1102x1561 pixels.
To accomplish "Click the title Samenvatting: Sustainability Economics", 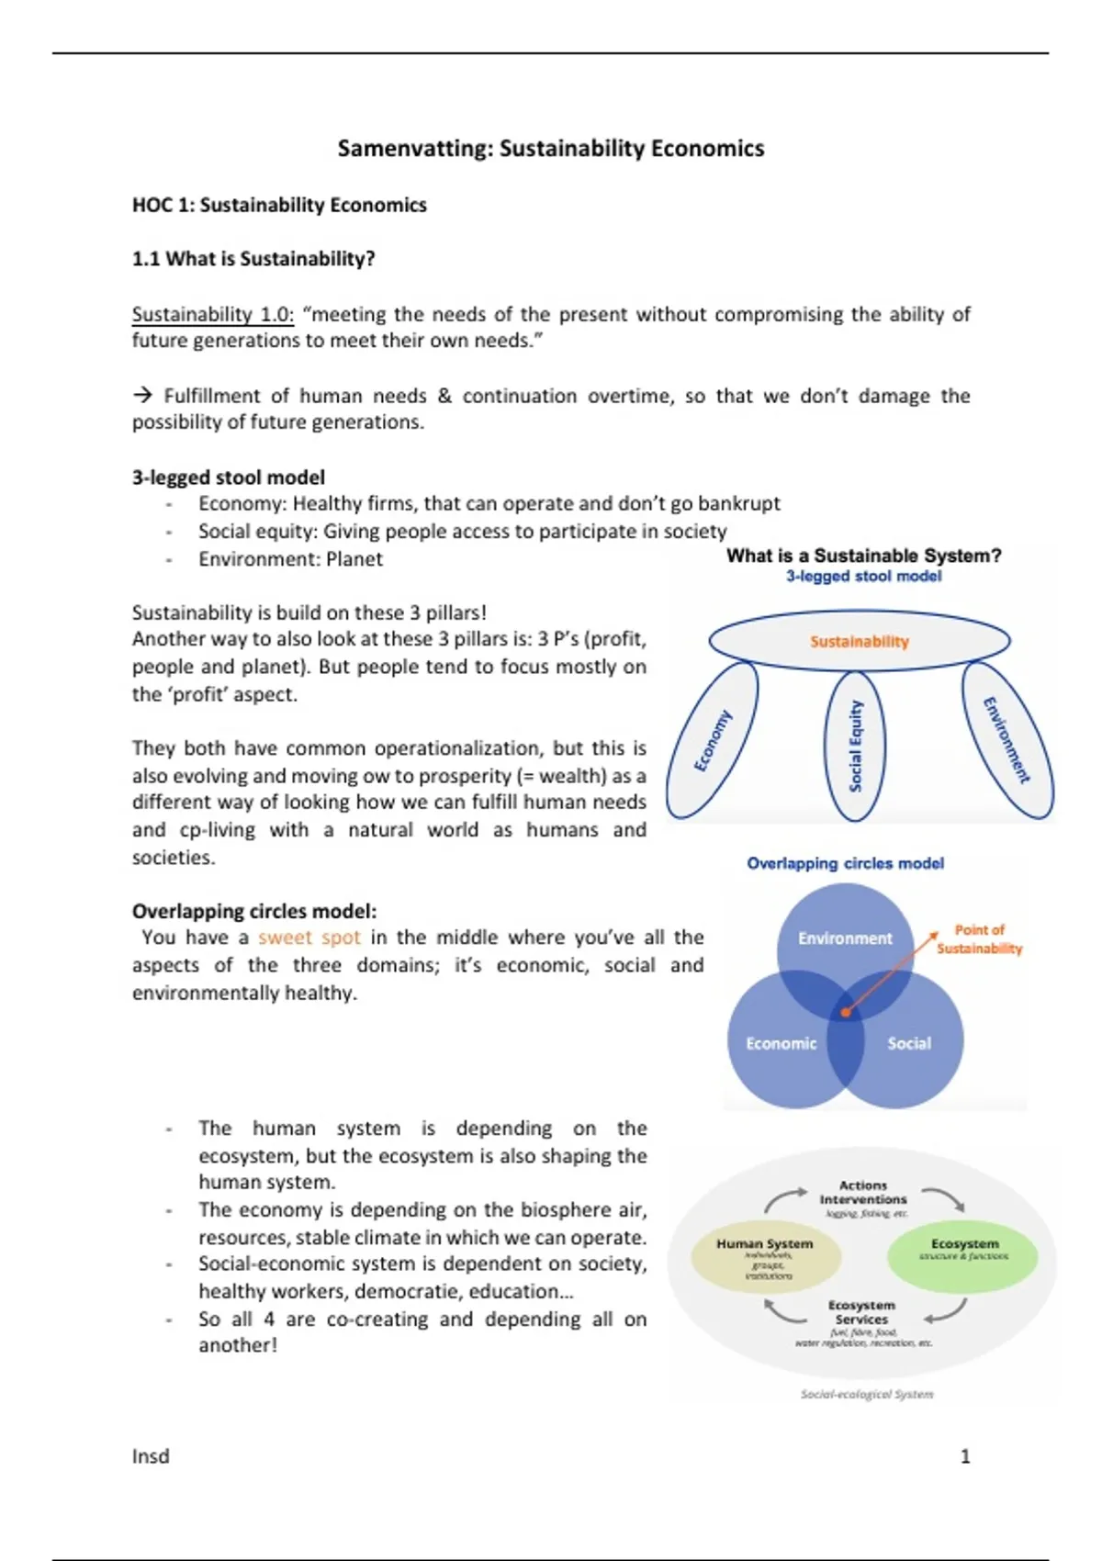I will [x=550, y=149].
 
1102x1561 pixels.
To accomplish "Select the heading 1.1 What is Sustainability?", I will [x=253, y=259].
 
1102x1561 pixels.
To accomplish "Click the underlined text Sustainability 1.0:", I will [x=212, y=314].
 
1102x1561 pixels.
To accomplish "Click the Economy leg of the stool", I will [x=713, y=740].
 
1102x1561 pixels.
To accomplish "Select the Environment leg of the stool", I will [x=1006, y=740].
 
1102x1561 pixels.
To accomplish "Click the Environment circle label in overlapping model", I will [x=845, y=938].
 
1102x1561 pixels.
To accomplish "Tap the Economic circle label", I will [x=781, y=1044].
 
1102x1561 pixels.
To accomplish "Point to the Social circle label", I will [x=909, y=1044].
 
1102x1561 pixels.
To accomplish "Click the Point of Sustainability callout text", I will [x=979, y=939].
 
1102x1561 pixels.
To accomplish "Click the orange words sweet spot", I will [x=309, y=938].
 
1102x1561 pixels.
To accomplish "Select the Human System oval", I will [x=765, y=1256].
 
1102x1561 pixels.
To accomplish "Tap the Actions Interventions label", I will [x=863, y=1193].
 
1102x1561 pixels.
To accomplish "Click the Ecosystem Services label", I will [x=861, y=1312].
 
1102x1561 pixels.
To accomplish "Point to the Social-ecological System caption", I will [x=867, y=1394].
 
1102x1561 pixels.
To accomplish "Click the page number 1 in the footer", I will [x=965, y=1456].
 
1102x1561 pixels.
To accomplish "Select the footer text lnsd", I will [x=151, y=1456].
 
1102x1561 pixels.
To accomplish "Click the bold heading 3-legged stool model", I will [x=229, y=477].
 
